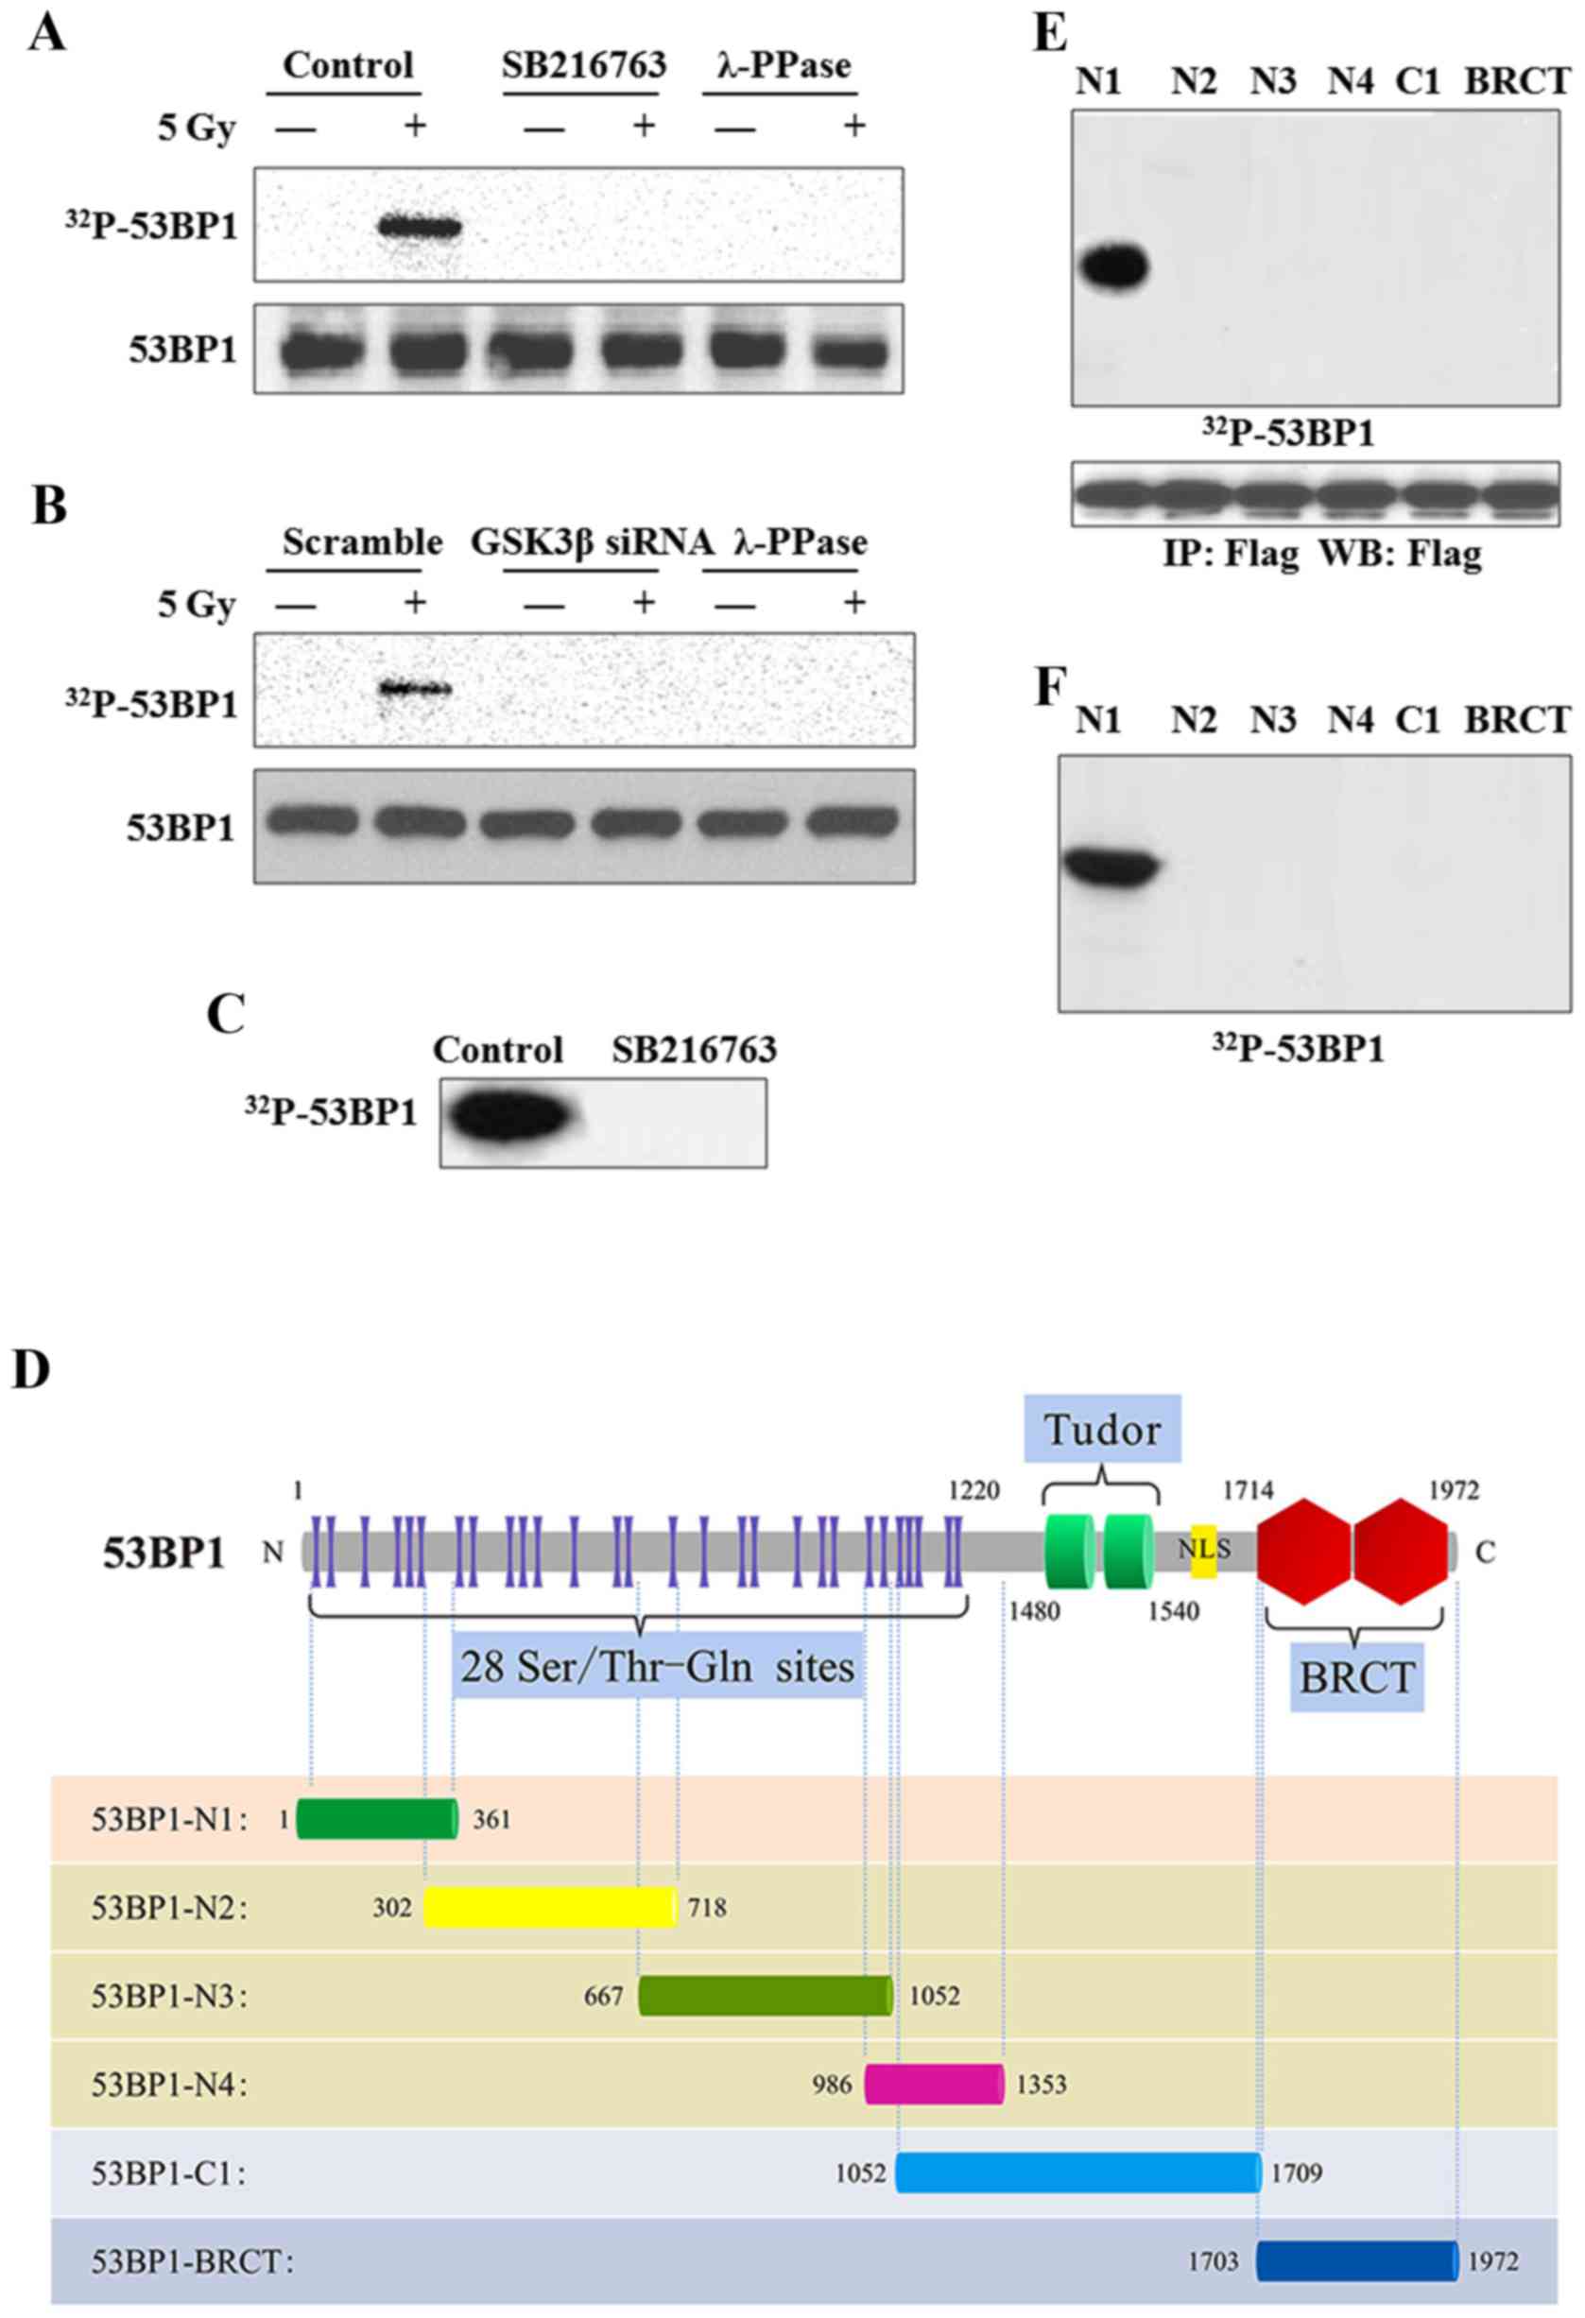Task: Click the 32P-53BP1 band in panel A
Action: point(419,229)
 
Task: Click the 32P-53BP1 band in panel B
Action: point(414,688)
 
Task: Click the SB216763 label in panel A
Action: point(583,66)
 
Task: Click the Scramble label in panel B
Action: point(362,542)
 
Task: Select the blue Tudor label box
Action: point(1102,1430)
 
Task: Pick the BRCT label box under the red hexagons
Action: point(1356,1677)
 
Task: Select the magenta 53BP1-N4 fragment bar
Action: point(934,2085)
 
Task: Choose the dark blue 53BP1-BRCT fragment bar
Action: point(1356,2261)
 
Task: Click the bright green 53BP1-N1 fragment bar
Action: point(377,1819)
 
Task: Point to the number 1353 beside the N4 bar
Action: point(1042,2085)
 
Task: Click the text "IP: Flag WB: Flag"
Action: point(1321,554)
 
